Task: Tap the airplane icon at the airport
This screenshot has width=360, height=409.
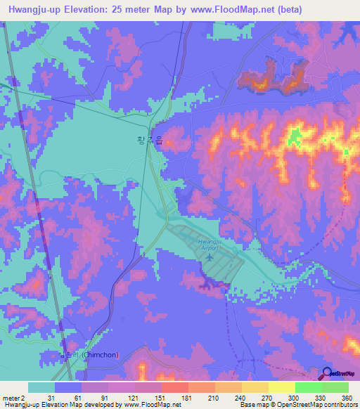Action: [209, 258]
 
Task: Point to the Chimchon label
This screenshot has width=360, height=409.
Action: [95, 355]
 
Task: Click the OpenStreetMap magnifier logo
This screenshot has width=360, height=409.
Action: [328, 373]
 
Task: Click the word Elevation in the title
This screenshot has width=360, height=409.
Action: [103, 9]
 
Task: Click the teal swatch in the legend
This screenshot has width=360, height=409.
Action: [41, 387]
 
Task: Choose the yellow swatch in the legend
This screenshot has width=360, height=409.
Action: [281, 387]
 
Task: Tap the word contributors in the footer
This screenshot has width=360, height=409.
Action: [338, 405]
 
